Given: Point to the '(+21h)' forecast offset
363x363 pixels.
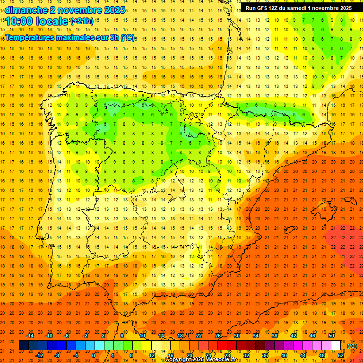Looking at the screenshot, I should [x=81, y=21].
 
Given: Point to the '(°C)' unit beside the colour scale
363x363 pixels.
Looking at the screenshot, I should [x=352, y=346].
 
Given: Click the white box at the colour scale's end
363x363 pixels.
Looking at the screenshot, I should [x=336, y=346].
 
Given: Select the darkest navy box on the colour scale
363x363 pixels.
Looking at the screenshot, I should [x=24, y=346].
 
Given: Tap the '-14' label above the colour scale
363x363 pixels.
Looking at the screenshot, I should [x=30, y=336].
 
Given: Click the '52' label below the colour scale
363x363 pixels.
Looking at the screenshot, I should [x=341, y=355].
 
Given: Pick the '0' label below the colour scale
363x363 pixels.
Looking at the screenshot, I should [x=94, y=355].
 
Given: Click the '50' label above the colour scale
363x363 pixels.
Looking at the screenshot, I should [x=331, y=336].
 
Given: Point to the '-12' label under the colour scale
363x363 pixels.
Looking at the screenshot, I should [x=40, y=355].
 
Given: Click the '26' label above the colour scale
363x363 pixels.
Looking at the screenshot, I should [x=218, y=336].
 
